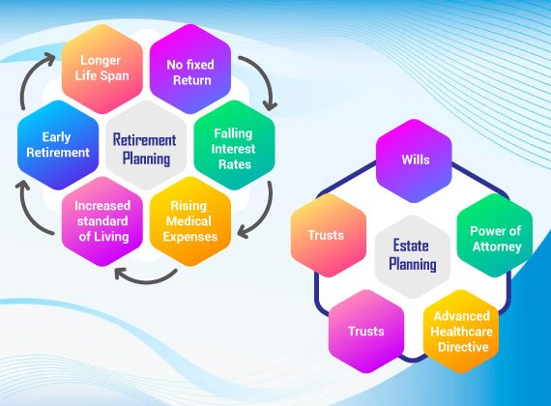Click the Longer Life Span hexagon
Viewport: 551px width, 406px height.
[x=102, y=69]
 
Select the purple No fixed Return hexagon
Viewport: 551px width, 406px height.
[x=190, y=69]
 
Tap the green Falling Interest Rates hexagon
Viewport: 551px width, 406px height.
[x=234, y=145]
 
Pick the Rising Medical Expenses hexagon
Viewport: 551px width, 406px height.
[x=190, y=221]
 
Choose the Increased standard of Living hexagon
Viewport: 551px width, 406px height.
[x=102, y=221]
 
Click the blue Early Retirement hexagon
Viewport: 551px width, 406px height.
[x=58, y=145]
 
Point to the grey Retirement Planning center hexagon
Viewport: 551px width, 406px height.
[x=146, y=145]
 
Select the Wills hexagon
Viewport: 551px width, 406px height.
[x=414, y=161]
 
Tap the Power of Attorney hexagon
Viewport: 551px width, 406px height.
[x=495, y=236]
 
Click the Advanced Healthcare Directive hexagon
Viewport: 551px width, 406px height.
[x=461, y=332]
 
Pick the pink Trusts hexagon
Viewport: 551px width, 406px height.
[x=366, y=332]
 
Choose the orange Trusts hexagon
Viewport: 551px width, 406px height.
[x=329, y=236]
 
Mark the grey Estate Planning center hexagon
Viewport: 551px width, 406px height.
[x=413, y=256]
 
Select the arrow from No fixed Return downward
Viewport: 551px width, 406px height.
[x=264, y=78]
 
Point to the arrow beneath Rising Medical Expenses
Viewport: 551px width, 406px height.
[x=146, y=279]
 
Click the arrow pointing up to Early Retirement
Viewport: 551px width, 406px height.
[x=29, y=211]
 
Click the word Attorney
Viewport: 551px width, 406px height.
[x=497, y=246]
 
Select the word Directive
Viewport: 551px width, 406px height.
[x=463, y=347]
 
